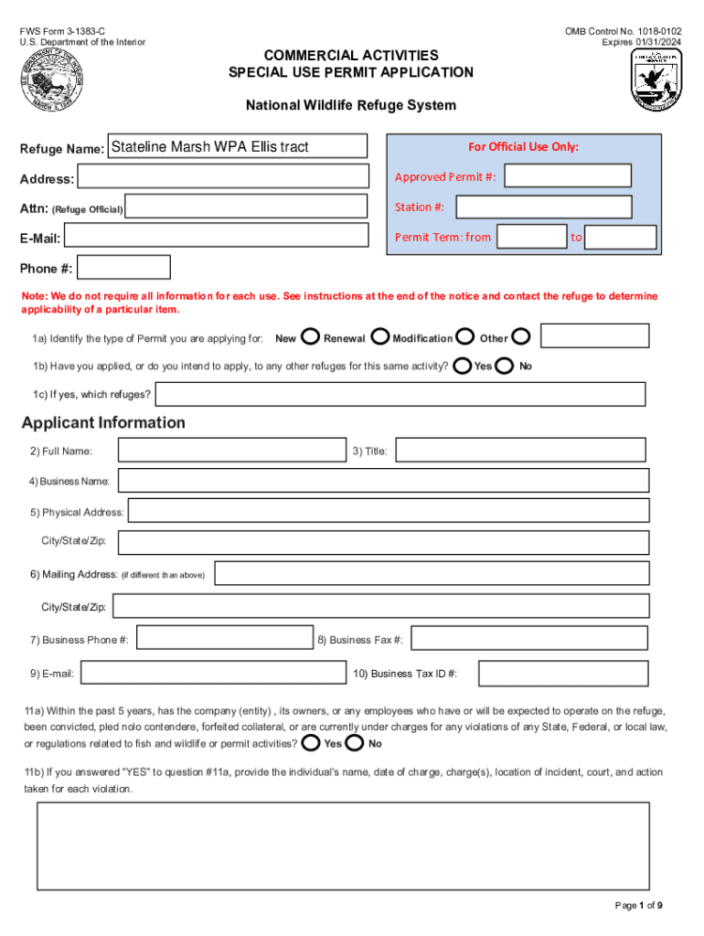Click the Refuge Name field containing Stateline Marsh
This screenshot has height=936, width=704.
tap(238, 146)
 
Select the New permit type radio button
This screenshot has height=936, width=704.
tap(310, 337)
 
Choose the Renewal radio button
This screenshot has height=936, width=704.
tap(380, 337)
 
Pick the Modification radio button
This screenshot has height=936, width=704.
tap(465, 337)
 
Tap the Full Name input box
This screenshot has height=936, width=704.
tap(232, 450)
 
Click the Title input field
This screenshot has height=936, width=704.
tap(520, 450)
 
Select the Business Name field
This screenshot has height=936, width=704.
tap(383, 481)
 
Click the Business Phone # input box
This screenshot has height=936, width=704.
tap(223, 639)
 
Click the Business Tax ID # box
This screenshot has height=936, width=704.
tap(563, 674)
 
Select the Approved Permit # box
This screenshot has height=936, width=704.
tap(568, 175)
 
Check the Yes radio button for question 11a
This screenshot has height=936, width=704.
tap(311, 742)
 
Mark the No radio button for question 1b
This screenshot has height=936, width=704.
tap(504, 366)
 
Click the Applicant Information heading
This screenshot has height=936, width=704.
tap(103, 422)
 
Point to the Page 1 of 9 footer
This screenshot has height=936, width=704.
tap(638, 906)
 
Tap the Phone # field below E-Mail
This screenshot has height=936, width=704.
tap(124, 267)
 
